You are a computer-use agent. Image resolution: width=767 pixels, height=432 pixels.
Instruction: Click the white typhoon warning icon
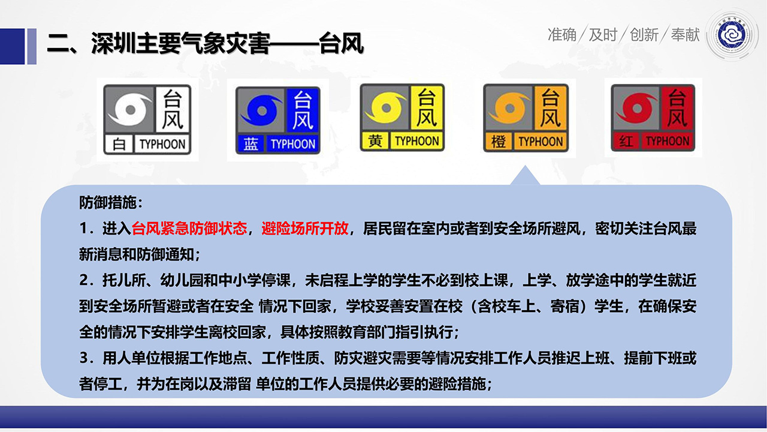click(147, 119)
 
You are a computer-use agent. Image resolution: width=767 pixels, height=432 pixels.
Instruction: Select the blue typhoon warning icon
click(277, 120)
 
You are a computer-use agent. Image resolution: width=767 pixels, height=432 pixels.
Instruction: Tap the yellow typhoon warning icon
click(402, 118)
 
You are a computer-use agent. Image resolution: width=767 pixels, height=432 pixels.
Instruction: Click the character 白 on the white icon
click(119, 145)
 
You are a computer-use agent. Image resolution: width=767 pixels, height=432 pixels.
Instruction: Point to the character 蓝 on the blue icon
click(250, 144)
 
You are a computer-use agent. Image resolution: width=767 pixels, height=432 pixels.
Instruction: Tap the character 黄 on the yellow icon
click(375, 141)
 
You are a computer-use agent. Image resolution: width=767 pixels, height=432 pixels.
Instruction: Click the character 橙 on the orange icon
click(498, 142)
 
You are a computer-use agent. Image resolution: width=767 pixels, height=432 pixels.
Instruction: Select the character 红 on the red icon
click(626, 141)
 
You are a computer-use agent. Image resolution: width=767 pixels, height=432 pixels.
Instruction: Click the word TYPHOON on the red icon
click(668, 141)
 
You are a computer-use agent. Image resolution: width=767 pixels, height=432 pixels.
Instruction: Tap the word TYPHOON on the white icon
click(162, 145)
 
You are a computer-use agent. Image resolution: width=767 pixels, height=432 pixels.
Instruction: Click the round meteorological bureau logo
click(732, 35)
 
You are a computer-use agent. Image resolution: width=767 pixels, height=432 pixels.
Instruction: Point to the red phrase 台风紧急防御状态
click(189, 229)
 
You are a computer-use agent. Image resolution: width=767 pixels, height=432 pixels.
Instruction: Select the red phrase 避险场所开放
click(305, 229)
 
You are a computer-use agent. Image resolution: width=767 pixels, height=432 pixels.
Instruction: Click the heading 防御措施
click(110, 203)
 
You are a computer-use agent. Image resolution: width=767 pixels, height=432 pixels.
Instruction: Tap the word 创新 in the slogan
click(644, 35)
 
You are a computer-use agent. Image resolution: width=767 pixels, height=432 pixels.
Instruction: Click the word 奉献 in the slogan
click(685, 35)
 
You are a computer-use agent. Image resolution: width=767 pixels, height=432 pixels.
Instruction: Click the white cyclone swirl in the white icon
click(130, 109)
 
